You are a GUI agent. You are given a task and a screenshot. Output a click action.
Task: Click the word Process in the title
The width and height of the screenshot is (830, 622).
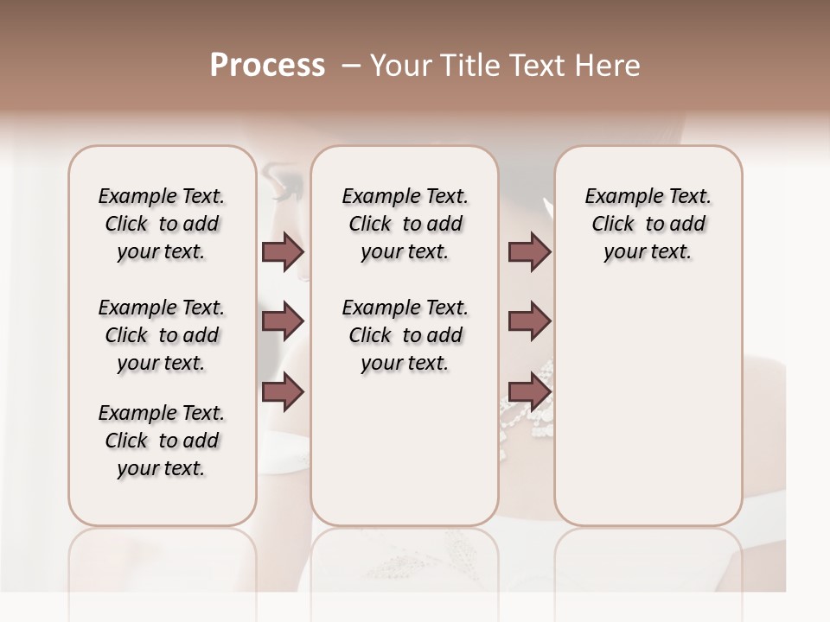(x=267, y=66)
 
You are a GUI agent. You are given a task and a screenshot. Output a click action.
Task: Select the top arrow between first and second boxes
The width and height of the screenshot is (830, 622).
(x=283, y=252)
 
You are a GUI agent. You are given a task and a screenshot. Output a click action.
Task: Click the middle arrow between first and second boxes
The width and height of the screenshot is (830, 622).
(x=283, y=321)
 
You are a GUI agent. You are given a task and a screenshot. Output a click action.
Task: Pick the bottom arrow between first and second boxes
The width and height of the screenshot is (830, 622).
(x=283, y=391)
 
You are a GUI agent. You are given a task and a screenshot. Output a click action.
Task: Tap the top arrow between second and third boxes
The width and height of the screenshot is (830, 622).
(x=529, y=252)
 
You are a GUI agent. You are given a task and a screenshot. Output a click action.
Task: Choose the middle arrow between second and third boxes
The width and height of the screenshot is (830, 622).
(x=529, y=321)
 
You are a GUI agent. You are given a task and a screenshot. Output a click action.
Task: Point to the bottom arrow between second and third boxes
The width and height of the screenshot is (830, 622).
(x=529, y=391)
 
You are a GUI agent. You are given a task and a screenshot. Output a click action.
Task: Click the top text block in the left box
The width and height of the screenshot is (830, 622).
(x=162, y=224)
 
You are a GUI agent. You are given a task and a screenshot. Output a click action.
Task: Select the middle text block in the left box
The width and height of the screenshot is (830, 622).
(x=162, y=335)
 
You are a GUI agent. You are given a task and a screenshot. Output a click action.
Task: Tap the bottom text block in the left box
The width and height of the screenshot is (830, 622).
(x=162, y=441)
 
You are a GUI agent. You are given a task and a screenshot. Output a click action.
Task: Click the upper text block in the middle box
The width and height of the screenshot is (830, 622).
(x=405, y=224)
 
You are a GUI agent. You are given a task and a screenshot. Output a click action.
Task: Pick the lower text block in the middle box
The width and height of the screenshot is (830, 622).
(x=405, y=335)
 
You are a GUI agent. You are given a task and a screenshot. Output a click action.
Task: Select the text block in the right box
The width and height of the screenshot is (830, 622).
(x=648, y=224)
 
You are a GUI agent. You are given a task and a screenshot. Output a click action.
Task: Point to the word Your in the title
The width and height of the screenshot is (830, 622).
(x=399, y=66)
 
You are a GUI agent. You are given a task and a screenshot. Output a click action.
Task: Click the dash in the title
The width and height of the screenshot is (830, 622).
(x=350, y=66)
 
